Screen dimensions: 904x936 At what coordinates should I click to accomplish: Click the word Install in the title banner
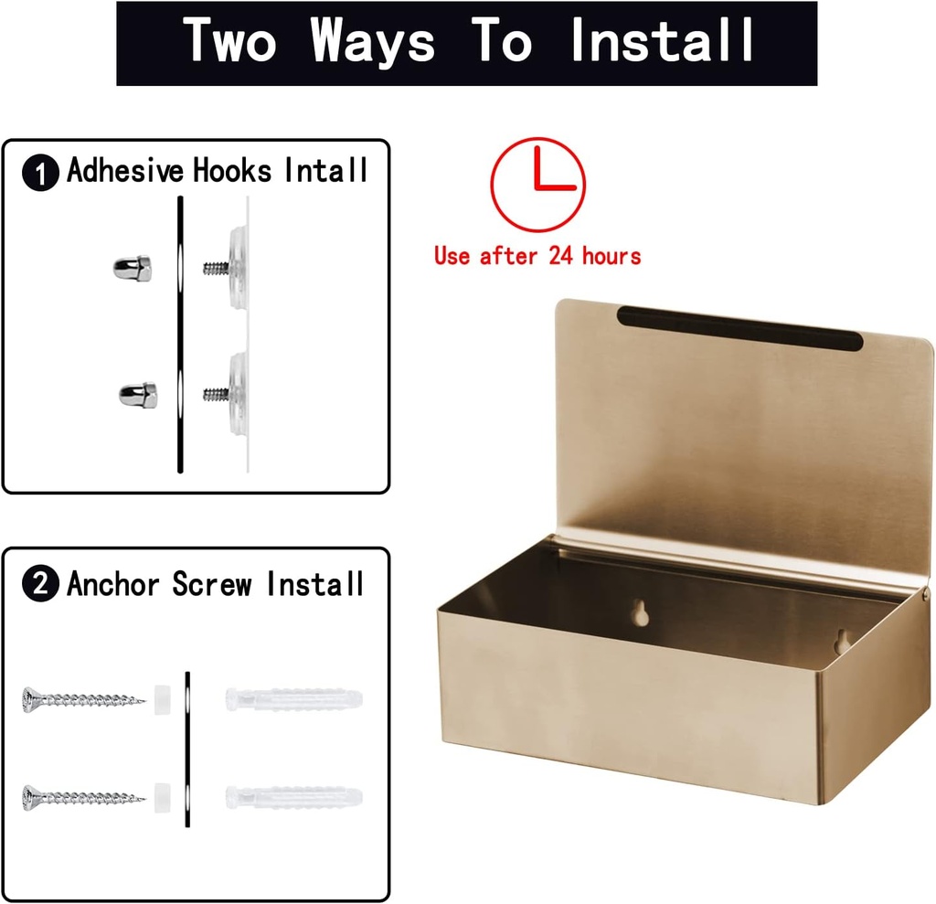pos(663,41)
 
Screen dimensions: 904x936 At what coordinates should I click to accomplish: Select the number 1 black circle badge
pos(41,174)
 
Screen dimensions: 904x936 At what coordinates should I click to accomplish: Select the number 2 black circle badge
pos(41,585)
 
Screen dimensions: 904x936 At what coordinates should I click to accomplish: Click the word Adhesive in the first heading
pos(125,171)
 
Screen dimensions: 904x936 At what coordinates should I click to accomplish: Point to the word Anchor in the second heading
pos(114,584)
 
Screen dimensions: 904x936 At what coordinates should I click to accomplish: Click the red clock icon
pos(538,185)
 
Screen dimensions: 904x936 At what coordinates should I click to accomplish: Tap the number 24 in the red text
pos(560,256)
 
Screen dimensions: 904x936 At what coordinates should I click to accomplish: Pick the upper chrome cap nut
pos(132,268)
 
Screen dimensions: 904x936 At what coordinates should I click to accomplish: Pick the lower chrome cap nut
pos(138,395)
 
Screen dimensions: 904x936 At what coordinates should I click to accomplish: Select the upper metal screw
pos(83,701)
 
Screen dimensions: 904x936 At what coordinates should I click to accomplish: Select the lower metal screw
pos(83,796)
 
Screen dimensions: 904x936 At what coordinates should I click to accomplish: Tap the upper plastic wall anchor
pos(293,700)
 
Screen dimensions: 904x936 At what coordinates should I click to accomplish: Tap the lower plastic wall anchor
pos(293,796)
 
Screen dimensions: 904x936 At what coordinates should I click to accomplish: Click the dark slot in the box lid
pos(739,328)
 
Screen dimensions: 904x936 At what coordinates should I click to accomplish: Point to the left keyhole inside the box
pos(642,613)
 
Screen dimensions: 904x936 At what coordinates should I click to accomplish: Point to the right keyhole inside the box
pos(842,639)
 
